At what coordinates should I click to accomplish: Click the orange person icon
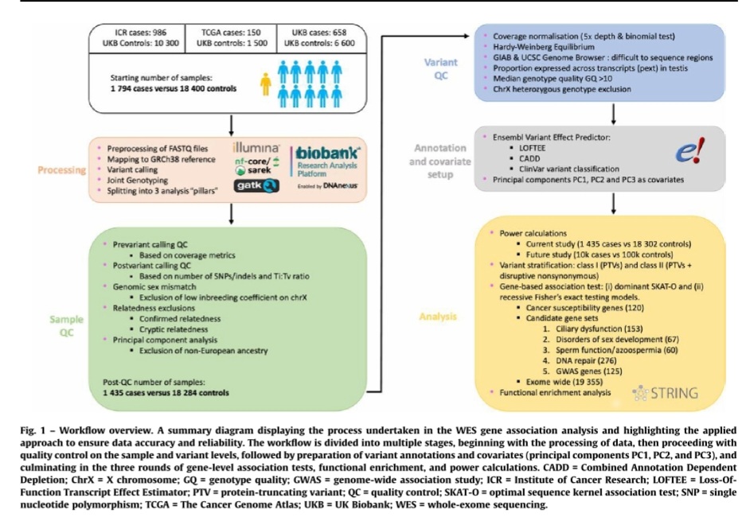pyautogui.click(x=265, y=82)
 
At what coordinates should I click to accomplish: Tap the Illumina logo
pyautogui.click(x=256, y=148)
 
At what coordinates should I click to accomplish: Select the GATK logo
pyautogui.click(x=256, y=185)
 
